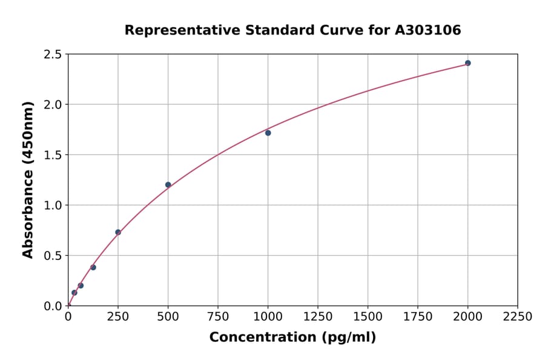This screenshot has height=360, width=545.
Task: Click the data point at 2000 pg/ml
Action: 467,63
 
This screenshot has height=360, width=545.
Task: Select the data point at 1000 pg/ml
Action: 268,133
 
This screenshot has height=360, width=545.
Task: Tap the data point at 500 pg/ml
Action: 168,185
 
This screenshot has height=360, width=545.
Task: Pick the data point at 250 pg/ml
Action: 118,232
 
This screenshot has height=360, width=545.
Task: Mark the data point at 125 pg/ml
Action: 93,267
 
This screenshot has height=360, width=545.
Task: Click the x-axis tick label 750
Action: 218,317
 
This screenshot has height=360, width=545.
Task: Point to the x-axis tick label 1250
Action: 318,317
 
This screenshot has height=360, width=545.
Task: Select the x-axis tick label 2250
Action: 518,317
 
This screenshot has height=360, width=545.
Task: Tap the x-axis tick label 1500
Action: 368,317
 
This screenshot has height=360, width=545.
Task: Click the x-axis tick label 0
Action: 68,317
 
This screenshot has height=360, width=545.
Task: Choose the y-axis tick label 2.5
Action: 53,55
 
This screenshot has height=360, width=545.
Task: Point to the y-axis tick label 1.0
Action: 53,205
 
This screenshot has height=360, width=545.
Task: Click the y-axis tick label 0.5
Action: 53,256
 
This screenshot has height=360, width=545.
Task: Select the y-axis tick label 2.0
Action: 53,105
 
